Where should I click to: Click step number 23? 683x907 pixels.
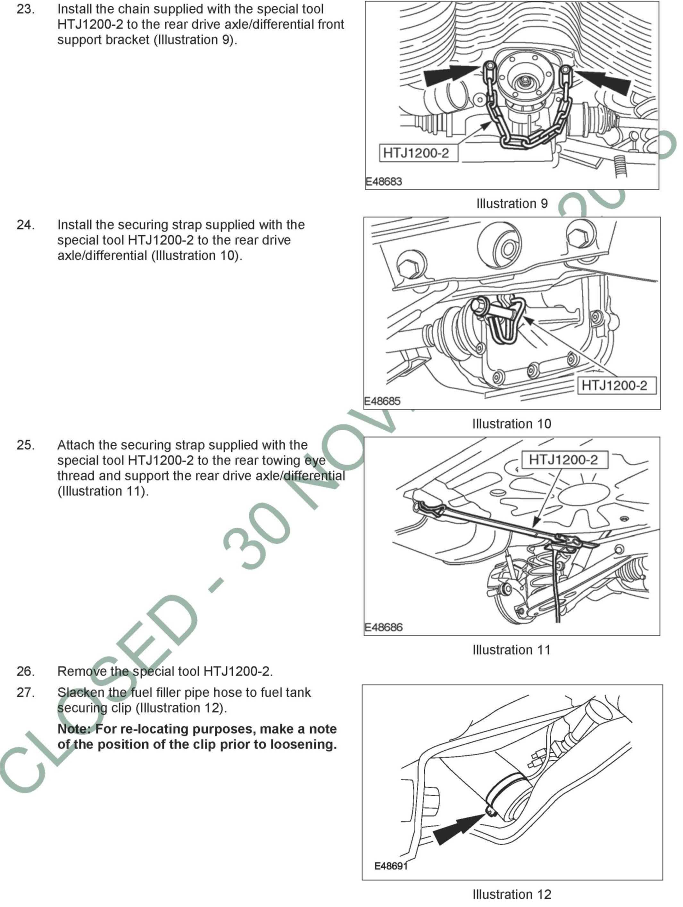click(x=25, y=9)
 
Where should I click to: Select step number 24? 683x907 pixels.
click(x=25, y=225)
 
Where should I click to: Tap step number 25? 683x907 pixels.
click(x=25, y=445)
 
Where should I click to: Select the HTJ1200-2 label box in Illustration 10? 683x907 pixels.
click(x=616, y=385)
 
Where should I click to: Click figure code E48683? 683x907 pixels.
click(x=384, y=181)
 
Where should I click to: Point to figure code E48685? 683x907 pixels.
click(x=382, y=401)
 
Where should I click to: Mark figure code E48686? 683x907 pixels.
click(x=383, y=628)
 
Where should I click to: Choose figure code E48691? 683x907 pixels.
click(x=391, y=866)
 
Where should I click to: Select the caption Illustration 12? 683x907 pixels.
click(x=512, y=894)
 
